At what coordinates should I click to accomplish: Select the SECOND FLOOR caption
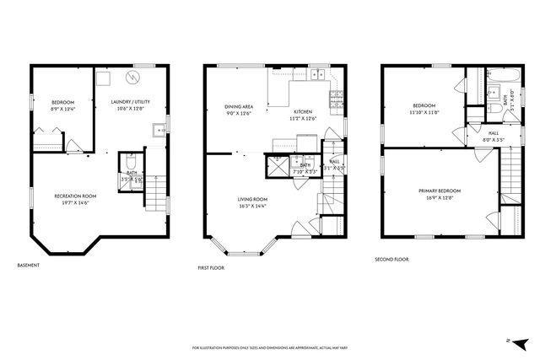tap(391, 260)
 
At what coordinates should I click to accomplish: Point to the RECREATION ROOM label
tap(75, 196)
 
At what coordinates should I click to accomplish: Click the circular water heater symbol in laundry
tap(132, 78)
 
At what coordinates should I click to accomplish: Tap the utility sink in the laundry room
tap(158, 131)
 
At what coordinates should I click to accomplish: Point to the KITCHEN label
tap(303, 111)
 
